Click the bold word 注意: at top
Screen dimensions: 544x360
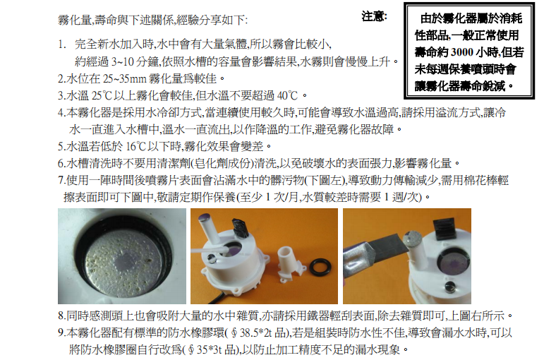pyautogui.click(x=374, y=16)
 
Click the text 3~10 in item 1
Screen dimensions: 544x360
pyautogui.click(x=123, y=61)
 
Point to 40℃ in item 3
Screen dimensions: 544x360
pyautogui.click(x=287, y=95)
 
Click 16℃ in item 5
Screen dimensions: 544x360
pyautogui.click(x=136, y=146)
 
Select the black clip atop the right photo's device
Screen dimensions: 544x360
pyautogui.click(x=443, y=228)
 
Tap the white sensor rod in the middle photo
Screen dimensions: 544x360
pyautogui.click(x=210, y=229)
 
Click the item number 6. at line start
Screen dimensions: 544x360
pyautogui.click(x=62, y=163)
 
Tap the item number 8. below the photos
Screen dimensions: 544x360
pyautogui.click(x=62, y=316)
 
